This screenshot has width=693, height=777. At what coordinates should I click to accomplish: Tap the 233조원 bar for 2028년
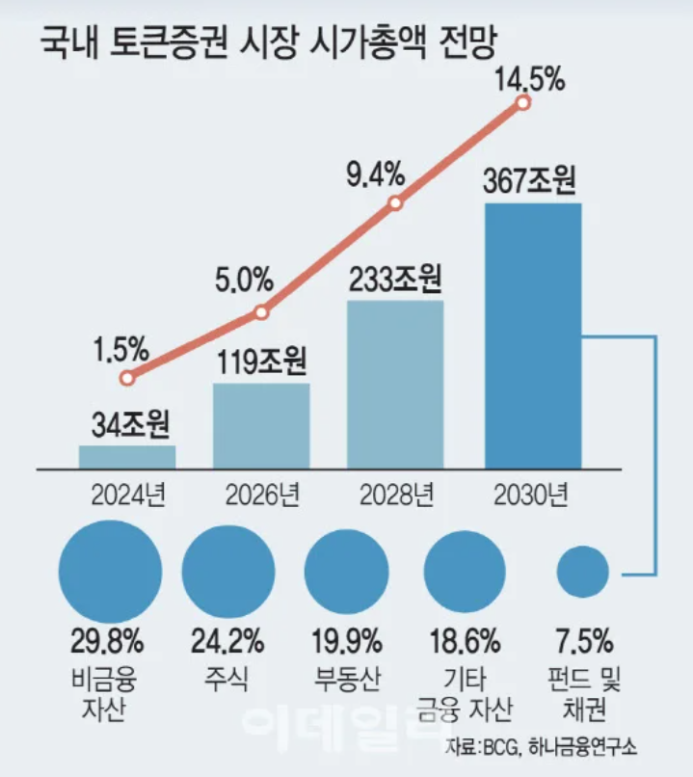coord(395,385)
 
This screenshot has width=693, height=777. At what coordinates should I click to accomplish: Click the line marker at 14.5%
coord(523,102)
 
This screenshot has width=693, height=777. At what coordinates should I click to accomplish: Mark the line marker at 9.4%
coord(395,203)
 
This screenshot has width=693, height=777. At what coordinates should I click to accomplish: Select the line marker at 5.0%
coord(261,311)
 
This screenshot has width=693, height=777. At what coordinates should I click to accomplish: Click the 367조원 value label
coord(533,180)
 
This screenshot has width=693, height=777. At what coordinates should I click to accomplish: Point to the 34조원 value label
coord(127,423)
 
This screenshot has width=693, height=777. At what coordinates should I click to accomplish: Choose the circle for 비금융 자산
coord(110,570)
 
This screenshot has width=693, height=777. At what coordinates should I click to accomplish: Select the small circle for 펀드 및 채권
coord(583,571)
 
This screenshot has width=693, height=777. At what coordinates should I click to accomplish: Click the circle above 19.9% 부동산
coord(345,571)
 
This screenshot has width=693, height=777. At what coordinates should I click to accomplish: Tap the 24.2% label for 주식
coord(227,640)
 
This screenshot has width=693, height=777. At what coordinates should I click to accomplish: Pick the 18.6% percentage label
coord(466,640)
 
